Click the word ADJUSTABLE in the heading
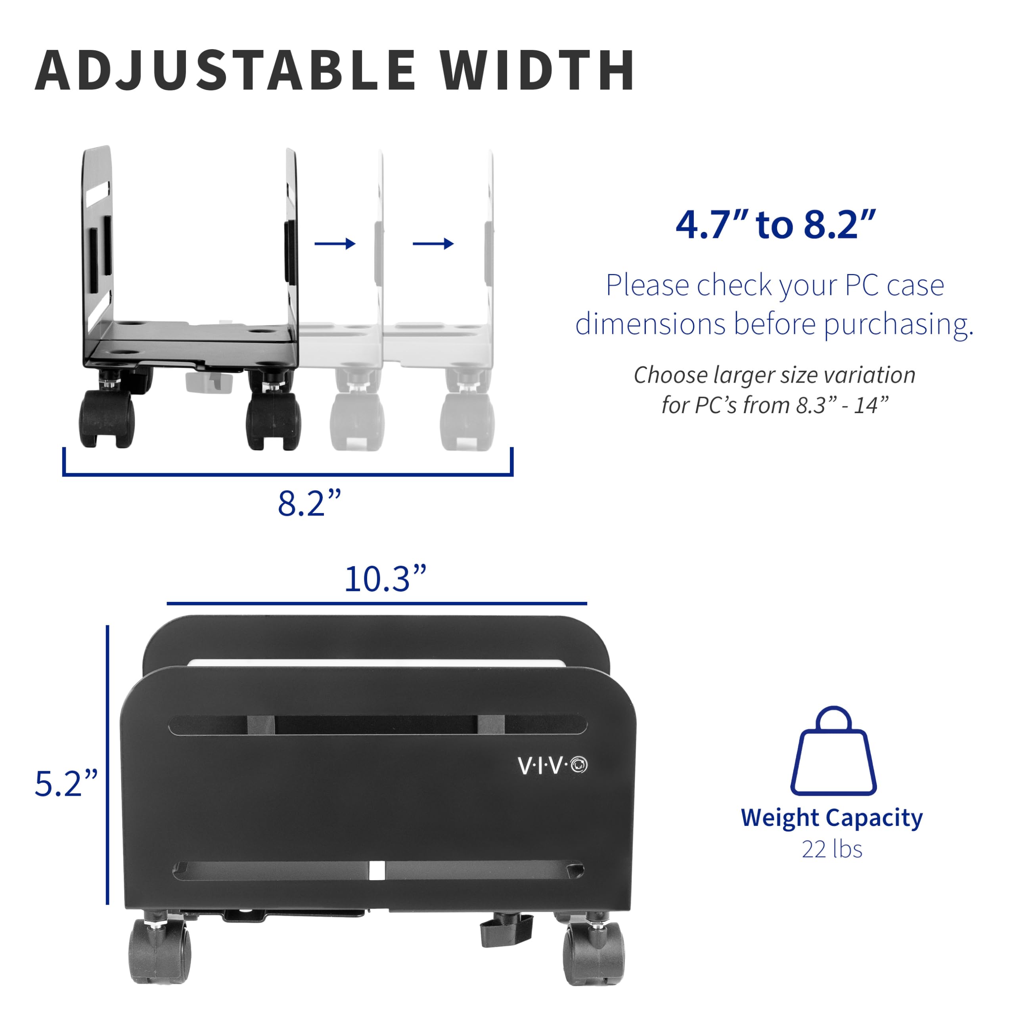pos(226,71)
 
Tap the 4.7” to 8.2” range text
pos(776,225)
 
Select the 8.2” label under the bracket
pos(309,503)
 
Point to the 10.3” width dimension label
pos(385,579)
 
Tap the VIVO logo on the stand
pos(552,766)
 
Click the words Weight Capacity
pos(832,818)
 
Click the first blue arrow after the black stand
pos(335,244)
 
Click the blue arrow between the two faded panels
pos(433,244)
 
